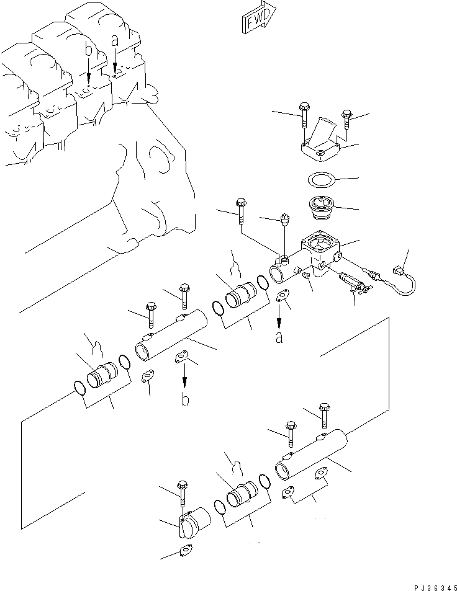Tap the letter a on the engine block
(x=114, y=41)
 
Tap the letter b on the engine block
(x=89, y=50)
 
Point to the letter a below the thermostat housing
(x=279, y=337)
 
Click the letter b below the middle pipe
(x=185, y=400)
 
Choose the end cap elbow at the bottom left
(x=192, y=520)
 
